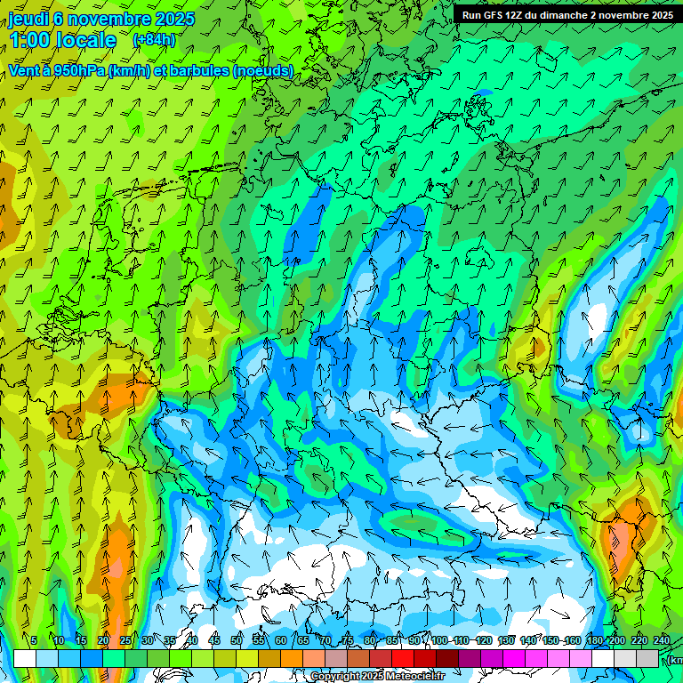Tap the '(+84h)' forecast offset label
pos(153,40)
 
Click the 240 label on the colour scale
pos(662,640)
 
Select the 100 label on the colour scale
pos(439,640)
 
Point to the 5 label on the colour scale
pos(34,640)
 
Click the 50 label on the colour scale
pos(237,640)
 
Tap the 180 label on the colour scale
pos(594,640)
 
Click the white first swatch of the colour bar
pos(25,658)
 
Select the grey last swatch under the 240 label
pos(647,658)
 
